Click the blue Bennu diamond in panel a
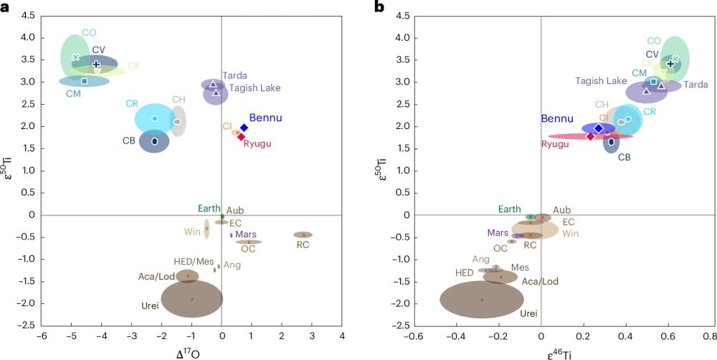pos(244,127)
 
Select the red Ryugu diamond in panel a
pos(242,136)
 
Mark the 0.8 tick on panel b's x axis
pos(709,336)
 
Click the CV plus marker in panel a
pos(96,65)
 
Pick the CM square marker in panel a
pos(84,81)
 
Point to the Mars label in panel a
pos(246,235)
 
